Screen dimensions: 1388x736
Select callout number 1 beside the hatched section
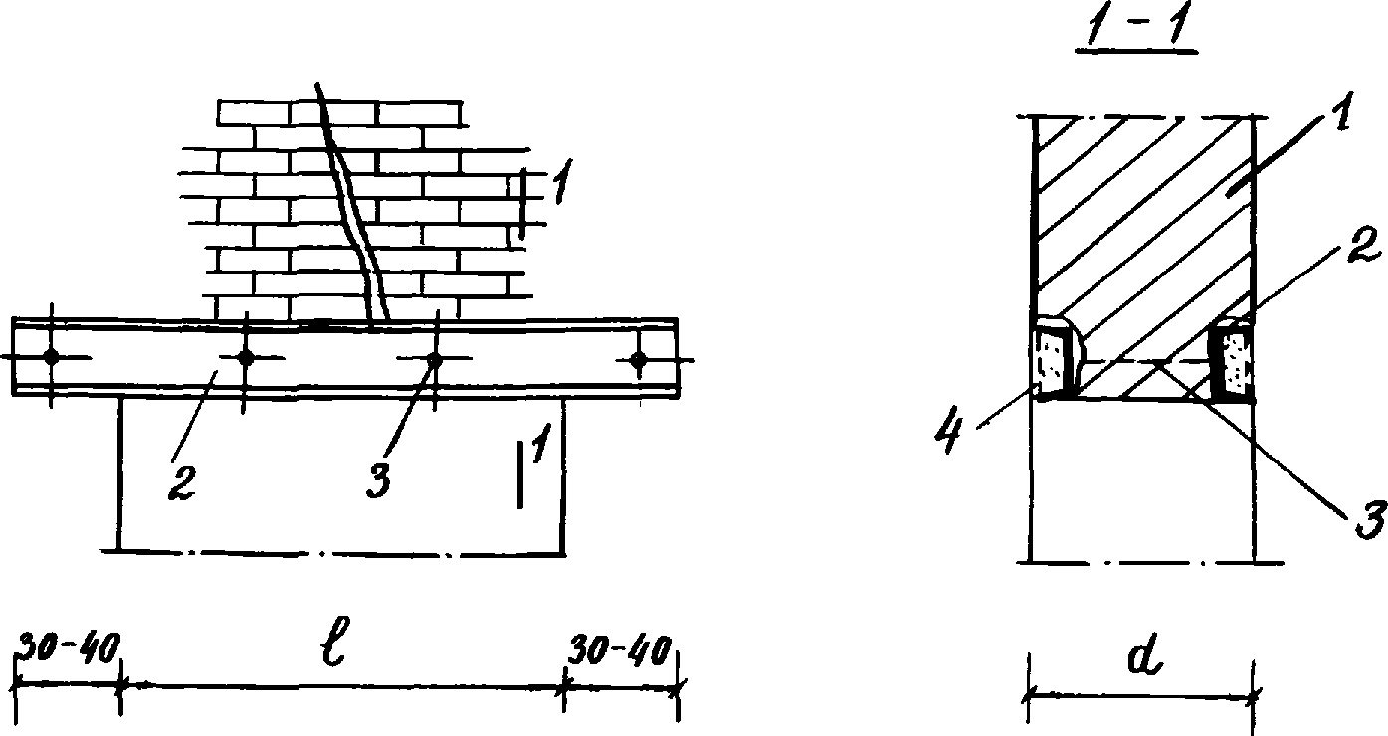coord(1338,119)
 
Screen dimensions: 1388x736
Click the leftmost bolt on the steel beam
coord(51,358)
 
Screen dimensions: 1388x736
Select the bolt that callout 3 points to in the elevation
coord(433,359)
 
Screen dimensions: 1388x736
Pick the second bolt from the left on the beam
coord(245,358)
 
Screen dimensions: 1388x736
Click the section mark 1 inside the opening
coord(537,455)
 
